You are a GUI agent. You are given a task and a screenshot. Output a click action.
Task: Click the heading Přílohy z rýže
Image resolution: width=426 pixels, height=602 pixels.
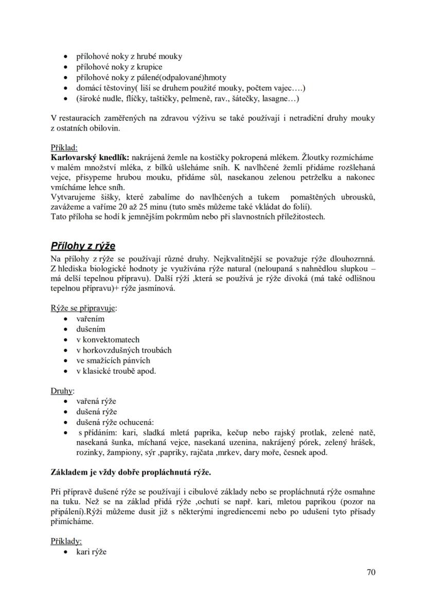tap(83, 245)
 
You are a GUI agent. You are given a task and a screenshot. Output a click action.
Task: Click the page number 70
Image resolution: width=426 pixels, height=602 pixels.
tap(370, 572)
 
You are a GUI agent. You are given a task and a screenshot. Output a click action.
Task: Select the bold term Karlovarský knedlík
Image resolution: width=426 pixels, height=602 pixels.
tap(90, 157)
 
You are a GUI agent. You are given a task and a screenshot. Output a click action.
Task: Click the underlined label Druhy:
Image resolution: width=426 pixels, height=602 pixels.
tap(63, 391)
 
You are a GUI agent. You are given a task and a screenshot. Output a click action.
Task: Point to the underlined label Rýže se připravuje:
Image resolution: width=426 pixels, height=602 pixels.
tap(83, 308)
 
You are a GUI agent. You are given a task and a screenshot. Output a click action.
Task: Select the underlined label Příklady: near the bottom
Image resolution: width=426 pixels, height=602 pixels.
tap(66, 541)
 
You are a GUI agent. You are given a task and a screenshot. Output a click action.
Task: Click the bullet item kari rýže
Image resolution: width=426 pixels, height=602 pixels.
tap(91, 552)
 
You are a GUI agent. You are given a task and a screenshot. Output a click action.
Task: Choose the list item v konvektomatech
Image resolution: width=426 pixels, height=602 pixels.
tap(108, 339)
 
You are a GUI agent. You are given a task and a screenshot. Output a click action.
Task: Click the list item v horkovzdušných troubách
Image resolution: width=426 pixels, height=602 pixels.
tap(123, 350)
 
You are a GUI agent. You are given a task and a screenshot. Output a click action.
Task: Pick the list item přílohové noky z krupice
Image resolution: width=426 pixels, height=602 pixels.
tap(119, 67)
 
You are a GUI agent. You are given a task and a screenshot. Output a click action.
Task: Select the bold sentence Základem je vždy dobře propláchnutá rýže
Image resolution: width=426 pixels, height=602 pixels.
tap(131, 471)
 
